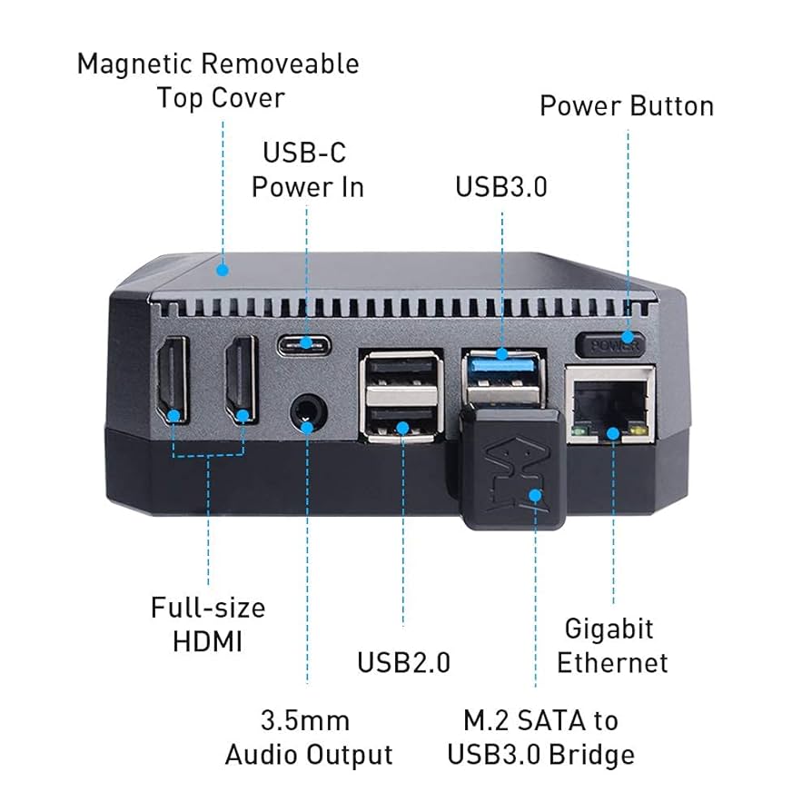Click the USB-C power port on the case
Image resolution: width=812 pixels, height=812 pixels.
(x=306, y=343)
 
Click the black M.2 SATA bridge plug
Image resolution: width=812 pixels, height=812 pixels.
(x=512, y=468)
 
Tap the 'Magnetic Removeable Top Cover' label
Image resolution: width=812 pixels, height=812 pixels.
(x=218, y=80)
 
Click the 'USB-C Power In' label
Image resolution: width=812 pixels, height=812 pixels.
(x=307, y=169)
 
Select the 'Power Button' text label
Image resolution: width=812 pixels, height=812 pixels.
(x=627, y=105)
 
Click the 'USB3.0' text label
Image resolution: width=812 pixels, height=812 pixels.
(x=501, y=186)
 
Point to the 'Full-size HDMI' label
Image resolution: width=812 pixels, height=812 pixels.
(x=208, y=624)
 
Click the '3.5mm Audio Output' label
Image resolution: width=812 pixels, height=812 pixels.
(x=308, y=738)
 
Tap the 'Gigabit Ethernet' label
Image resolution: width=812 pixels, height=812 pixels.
(x=611, y=645)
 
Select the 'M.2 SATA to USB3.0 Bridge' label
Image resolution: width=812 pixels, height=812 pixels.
(x=540, y=738)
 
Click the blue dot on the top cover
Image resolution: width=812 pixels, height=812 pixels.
(x=223, y=270)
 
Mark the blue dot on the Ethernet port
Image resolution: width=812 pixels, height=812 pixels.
(x=614, y=433)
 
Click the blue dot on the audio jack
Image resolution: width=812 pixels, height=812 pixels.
(x=307, y=425)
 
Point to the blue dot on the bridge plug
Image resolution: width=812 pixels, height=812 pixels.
(x=535, y=496)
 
